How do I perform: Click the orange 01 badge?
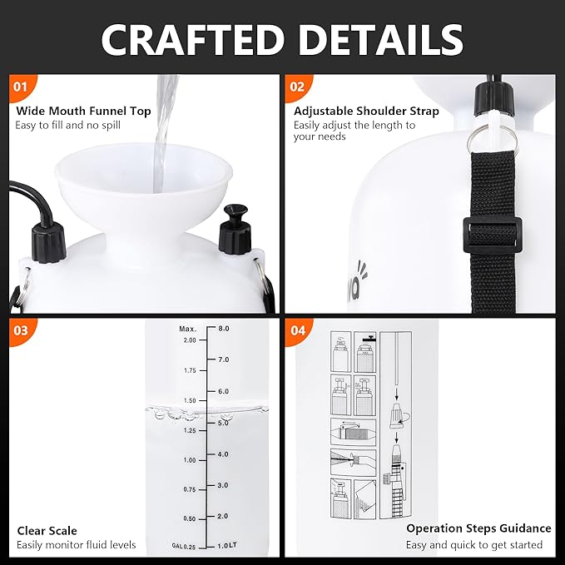20,87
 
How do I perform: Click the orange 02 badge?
296,87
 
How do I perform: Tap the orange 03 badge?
20,330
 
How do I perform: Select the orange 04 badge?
296,330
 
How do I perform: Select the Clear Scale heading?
47,530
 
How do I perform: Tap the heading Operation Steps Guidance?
478,528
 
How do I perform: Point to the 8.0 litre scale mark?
223,329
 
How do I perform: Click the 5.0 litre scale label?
222,423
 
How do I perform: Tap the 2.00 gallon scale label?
188,340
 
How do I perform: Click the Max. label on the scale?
187,329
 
